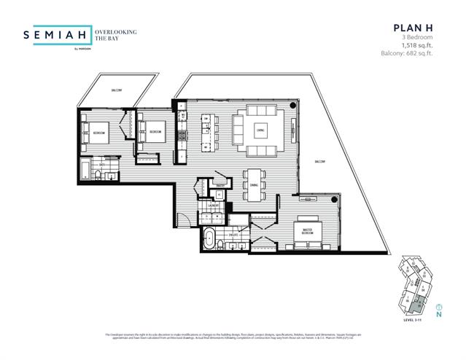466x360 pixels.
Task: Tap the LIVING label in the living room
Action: [260, 131]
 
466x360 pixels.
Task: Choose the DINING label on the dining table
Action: [254, 184]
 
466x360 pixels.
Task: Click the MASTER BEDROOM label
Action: [303, 232]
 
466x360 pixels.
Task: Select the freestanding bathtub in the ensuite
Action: [209, 238]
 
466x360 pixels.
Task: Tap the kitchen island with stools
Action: [209, 131]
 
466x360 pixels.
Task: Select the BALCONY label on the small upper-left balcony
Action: [117, 90]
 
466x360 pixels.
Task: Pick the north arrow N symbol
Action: [438, 314]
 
